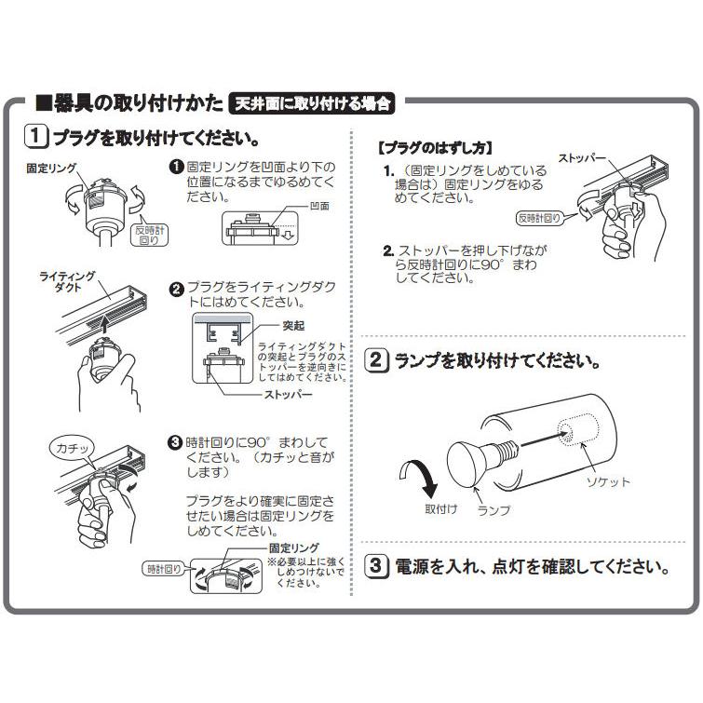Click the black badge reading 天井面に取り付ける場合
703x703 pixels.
tap(312, 102)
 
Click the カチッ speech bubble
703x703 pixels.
tap(70, 449)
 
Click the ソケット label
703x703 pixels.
tap(607, 481)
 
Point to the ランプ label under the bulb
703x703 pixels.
tap(493, 511)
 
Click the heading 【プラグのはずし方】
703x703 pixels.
tap(435, 148)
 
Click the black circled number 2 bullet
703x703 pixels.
tap(175, 289)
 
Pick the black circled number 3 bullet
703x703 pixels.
tap(174, 442)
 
